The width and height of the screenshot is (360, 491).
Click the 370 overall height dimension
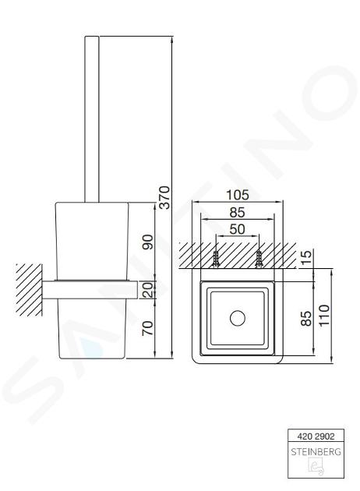tap(164, 197)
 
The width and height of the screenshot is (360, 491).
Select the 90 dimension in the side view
tap(148, 242)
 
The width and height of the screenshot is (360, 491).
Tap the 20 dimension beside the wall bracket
tap(148, 290)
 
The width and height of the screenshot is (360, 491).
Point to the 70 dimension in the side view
tap(148, 328)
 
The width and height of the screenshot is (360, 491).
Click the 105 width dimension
tap(238, 195)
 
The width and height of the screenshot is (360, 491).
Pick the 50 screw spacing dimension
tap(238, 229)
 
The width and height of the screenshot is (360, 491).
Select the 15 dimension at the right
tap(307, 257)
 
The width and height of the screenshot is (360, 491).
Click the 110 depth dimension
tap(324, 315)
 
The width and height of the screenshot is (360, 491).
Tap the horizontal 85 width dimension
tap(237, 212)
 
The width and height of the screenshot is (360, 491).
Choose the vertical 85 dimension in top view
tap(307, 318)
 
